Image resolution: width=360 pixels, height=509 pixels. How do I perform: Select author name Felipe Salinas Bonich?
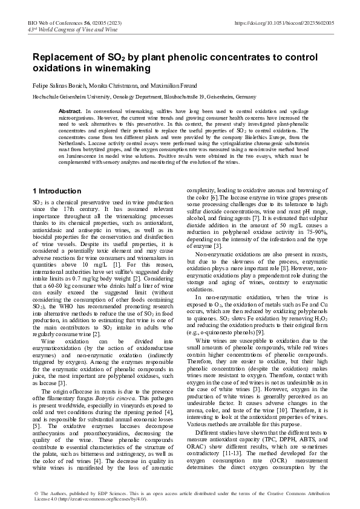(61, 86)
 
